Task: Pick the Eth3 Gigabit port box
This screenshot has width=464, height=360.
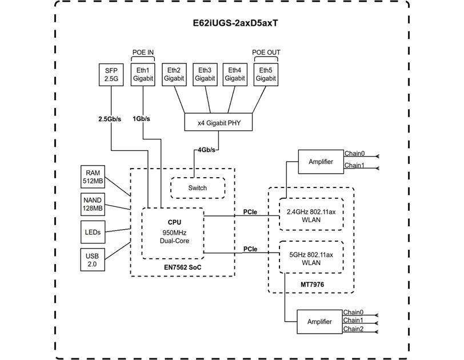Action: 205,75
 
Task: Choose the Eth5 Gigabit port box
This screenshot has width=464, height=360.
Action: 266,75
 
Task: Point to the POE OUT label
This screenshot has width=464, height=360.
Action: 266,53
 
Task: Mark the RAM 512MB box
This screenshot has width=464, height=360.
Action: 93,177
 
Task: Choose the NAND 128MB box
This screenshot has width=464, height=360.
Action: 93,204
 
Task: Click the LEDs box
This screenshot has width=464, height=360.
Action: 93,231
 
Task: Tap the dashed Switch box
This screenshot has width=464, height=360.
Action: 197,188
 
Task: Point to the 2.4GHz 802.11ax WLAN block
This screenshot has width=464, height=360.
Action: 310,214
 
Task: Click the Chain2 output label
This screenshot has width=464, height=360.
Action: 353,329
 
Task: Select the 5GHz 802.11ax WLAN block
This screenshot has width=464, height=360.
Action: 310,259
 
